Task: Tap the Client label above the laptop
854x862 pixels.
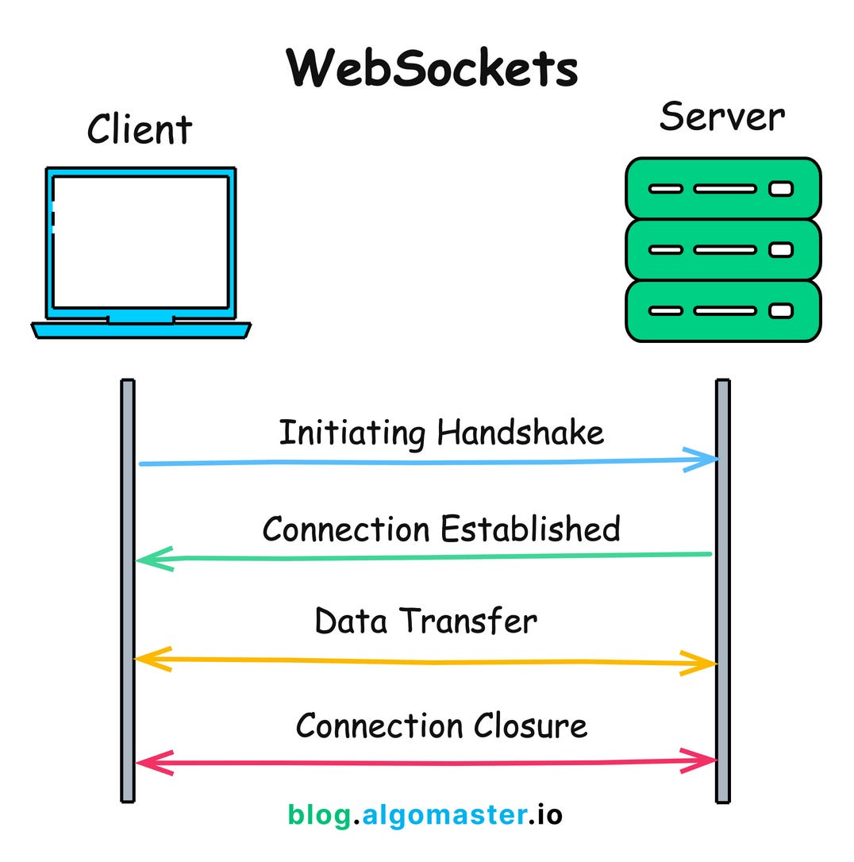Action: point(140,129)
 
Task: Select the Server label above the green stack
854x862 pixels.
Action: point(721,117)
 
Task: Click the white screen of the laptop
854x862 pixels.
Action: point(140,242)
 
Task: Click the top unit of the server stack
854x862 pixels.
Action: point(722,189)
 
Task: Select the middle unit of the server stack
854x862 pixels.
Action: point(722,249)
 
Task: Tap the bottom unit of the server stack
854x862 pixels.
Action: point(722,310)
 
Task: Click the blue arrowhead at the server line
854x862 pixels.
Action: point(702,460)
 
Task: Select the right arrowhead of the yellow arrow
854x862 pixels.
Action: point(700,663)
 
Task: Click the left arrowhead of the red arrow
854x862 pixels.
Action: point(153,763)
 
